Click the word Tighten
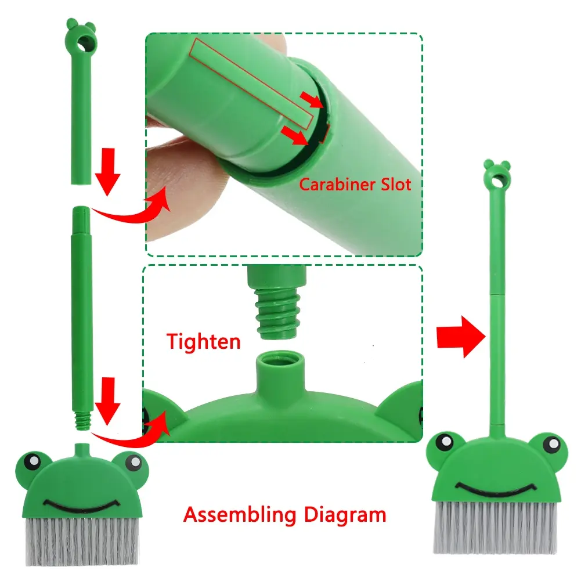coord(203,341)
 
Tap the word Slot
coord(396,184)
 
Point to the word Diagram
coord(345,514)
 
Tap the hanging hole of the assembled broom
coord(497,181)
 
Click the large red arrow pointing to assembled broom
coord(461,337)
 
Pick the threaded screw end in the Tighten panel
coord(277,314)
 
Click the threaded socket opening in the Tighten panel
coord(280,359)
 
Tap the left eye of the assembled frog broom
coord(445,442)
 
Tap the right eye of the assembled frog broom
coord(553,443)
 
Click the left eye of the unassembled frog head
coord(33,461)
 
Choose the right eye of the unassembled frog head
coord(133,463)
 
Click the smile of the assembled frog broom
coord(496,488)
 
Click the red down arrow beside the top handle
coord(107,172)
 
